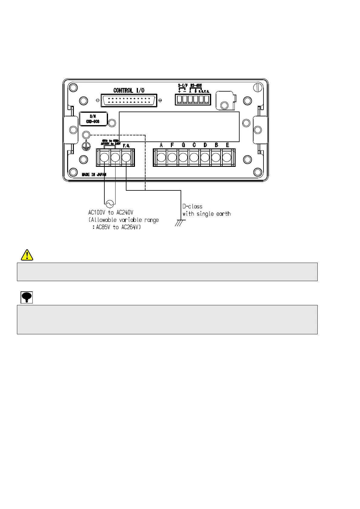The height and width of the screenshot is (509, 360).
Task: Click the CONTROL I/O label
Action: tap(129, 90)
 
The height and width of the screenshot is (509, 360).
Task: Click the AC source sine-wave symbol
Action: tap(110, 204)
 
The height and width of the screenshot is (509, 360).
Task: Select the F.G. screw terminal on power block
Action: tap(126, 157)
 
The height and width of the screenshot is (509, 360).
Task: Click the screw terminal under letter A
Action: tap(161, 157)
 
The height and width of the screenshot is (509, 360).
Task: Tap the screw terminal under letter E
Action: tap(227, 157)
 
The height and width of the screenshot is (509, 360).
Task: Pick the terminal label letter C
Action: tap(194, 145)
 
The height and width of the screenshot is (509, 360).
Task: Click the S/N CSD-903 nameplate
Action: tap(93, 119)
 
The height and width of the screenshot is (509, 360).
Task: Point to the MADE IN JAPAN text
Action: tap(94, 175)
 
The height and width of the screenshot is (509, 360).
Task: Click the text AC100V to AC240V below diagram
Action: tap(111, 213)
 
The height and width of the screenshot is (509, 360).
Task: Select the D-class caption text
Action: tap(192, 207)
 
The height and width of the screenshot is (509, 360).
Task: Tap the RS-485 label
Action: tap(196, 86)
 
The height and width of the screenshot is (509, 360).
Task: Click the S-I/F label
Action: tap(182, 86)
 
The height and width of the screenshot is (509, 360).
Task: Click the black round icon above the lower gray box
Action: tap(27, 297)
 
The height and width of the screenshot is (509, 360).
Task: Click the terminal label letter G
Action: tap(183, 145)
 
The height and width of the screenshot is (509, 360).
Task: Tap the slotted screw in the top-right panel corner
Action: tap(257, 88)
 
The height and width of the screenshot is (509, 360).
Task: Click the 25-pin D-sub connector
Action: tap(129, 100)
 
